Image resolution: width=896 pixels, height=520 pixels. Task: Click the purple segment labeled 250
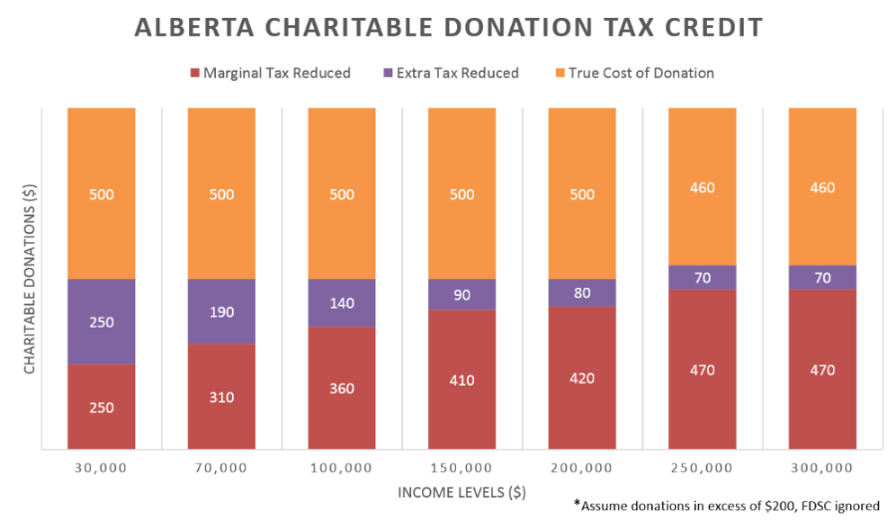102,322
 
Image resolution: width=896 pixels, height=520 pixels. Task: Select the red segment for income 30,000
102,406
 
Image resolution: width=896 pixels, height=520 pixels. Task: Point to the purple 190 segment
221,312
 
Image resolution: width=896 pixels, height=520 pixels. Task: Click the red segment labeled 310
221,396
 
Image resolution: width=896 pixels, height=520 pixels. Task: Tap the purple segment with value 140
341,303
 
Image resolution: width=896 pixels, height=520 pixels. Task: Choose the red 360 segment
341,388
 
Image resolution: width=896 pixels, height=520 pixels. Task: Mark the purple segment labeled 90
462,294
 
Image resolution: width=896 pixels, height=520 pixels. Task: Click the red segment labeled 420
582,378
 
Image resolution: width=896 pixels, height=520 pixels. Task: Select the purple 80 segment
582,293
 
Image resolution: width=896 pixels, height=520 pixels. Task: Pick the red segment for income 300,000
822,370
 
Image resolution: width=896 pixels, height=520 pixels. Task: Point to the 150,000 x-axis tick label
462,467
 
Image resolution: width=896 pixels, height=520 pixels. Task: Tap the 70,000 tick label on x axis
221,467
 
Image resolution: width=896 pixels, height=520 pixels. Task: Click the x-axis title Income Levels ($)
462,492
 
